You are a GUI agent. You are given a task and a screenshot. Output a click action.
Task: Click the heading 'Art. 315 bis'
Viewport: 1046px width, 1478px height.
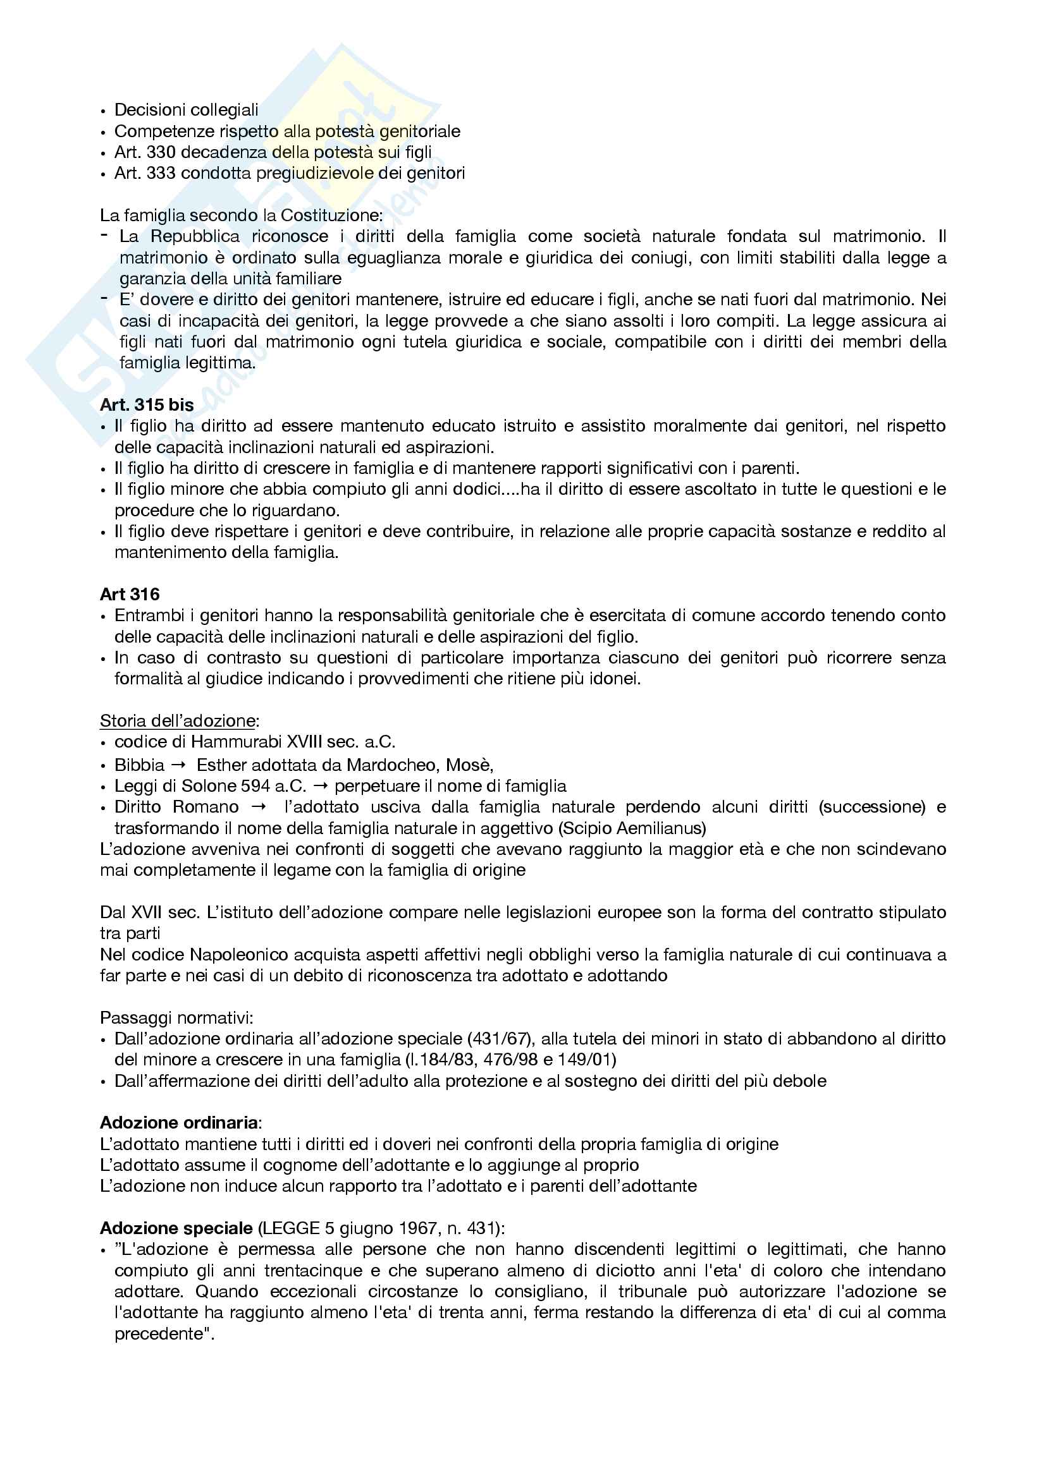pos(147,405)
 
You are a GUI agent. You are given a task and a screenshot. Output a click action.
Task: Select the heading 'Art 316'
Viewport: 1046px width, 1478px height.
pos(130,594)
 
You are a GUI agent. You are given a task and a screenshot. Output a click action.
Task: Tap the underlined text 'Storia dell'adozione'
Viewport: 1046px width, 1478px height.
pos(177,721)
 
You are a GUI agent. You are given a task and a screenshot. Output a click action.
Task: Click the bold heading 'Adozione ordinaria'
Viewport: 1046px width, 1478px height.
pos(179,1123)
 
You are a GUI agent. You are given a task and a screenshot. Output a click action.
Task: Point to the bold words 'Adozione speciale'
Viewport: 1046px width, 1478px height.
pos(176,1228)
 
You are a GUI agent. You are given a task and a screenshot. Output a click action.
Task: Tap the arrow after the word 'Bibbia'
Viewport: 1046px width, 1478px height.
pos(180,765)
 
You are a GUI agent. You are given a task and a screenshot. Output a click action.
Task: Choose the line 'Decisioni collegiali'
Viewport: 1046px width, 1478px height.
pos(186,110)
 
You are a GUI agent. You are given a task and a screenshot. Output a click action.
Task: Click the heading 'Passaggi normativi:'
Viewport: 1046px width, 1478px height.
pos(176,1018)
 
